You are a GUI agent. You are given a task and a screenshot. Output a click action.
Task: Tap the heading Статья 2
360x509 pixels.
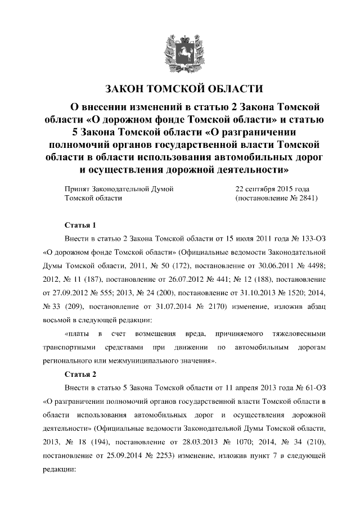81,374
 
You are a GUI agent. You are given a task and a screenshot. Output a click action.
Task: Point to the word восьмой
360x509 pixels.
57,319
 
